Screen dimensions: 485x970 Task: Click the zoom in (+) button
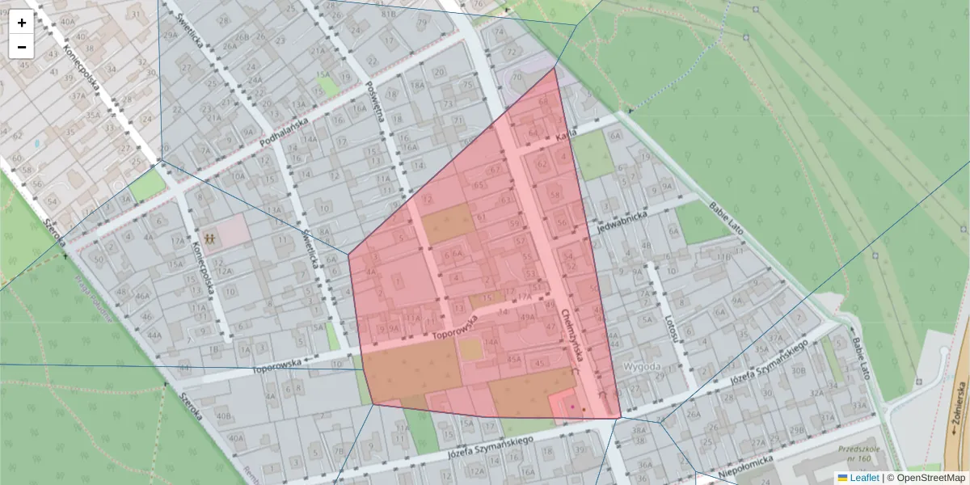22,23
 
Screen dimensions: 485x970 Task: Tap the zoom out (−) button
22,47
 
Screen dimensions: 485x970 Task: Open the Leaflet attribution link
864,478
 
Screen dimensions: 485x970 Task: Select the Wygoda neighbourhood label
643,366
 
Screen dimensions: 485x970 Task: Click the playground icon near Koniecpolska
209,239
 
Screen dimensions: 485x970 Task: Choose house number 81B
389,14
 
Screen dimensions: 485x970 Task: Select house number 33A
859,407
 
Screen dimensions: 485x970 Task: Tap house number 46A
143,296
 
